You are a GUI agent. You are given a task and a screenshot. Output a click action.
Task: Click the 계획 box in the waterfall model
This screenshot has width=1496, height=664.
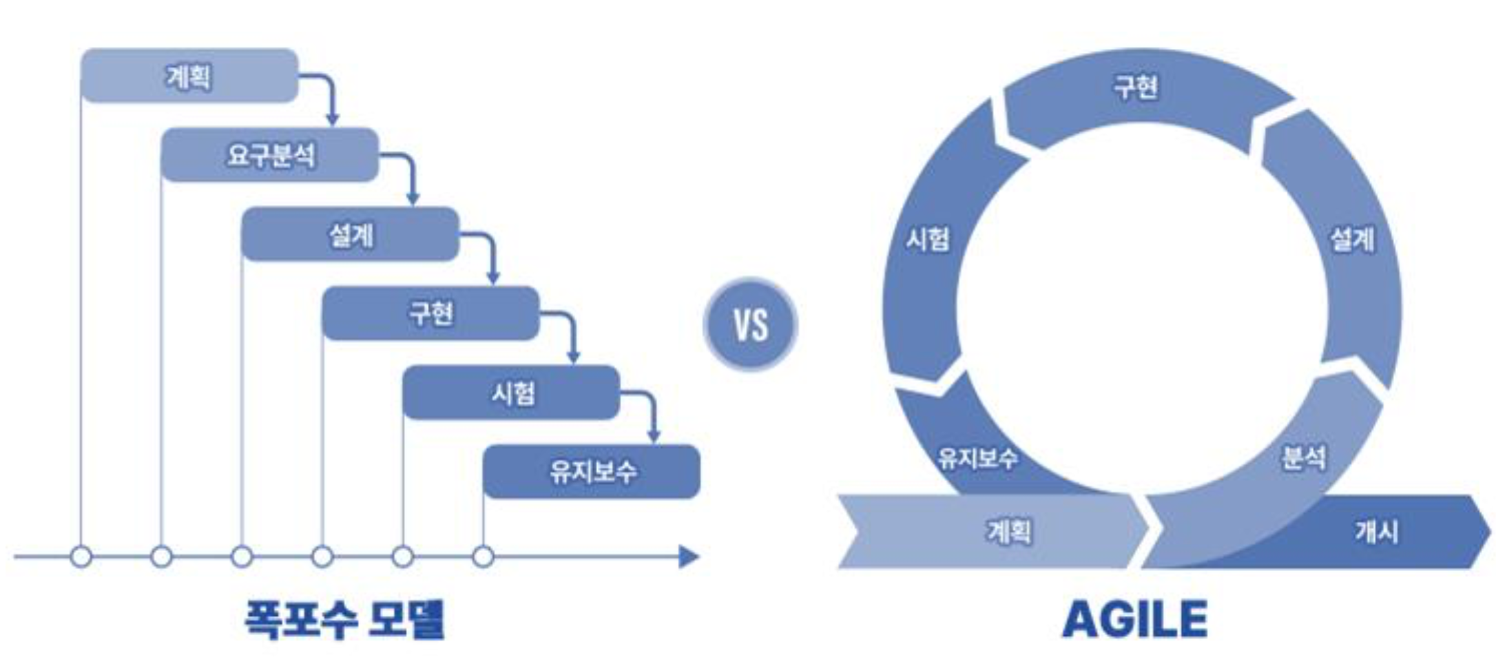[x=189, y=76]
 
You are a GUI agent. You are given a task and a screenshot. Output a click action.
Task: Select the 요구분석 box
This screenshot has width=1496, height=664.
[x=270, y=155]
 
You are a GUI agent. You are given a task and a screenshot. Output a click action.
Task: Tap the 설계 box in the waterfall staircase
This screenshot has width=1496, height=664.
[x=350, y=234]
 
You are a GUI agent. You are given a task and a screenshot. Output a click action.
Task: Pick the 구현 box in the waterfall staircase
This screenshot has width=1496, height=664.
[x=430, y=313]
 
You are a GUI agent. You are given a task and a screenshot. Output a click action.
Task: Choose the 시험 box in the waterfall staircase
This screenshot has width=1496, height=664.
[x=511, y=393]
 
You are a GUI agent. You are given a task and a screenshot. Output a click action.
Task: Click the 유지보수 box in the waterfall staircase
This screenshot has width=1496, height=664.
[x=592, y=472]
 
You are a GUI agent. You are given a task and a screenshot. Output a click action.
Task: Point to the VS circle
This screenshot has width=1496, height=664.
[x=750, y=324]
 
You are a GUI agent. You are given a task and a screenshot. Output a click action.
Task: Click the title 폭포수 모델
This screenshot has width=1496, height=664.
[x=344, y=619]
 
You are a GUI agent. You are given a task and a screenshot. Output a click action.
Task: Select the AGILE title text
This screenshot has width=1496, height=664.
[x=1134, y=619]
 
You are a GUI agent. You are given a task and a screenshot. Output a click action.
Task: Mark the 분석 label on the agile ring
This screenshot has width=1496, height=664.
[x=1302, y=457]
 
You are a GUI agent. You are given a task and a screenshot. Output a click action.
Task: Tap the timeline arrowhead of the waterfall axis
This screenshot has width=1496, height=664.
[x=689, y=557]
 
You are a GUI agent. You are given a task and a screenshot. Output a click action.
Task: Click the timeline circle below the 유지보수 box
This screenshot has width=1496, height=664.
[x=483, y=557]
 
